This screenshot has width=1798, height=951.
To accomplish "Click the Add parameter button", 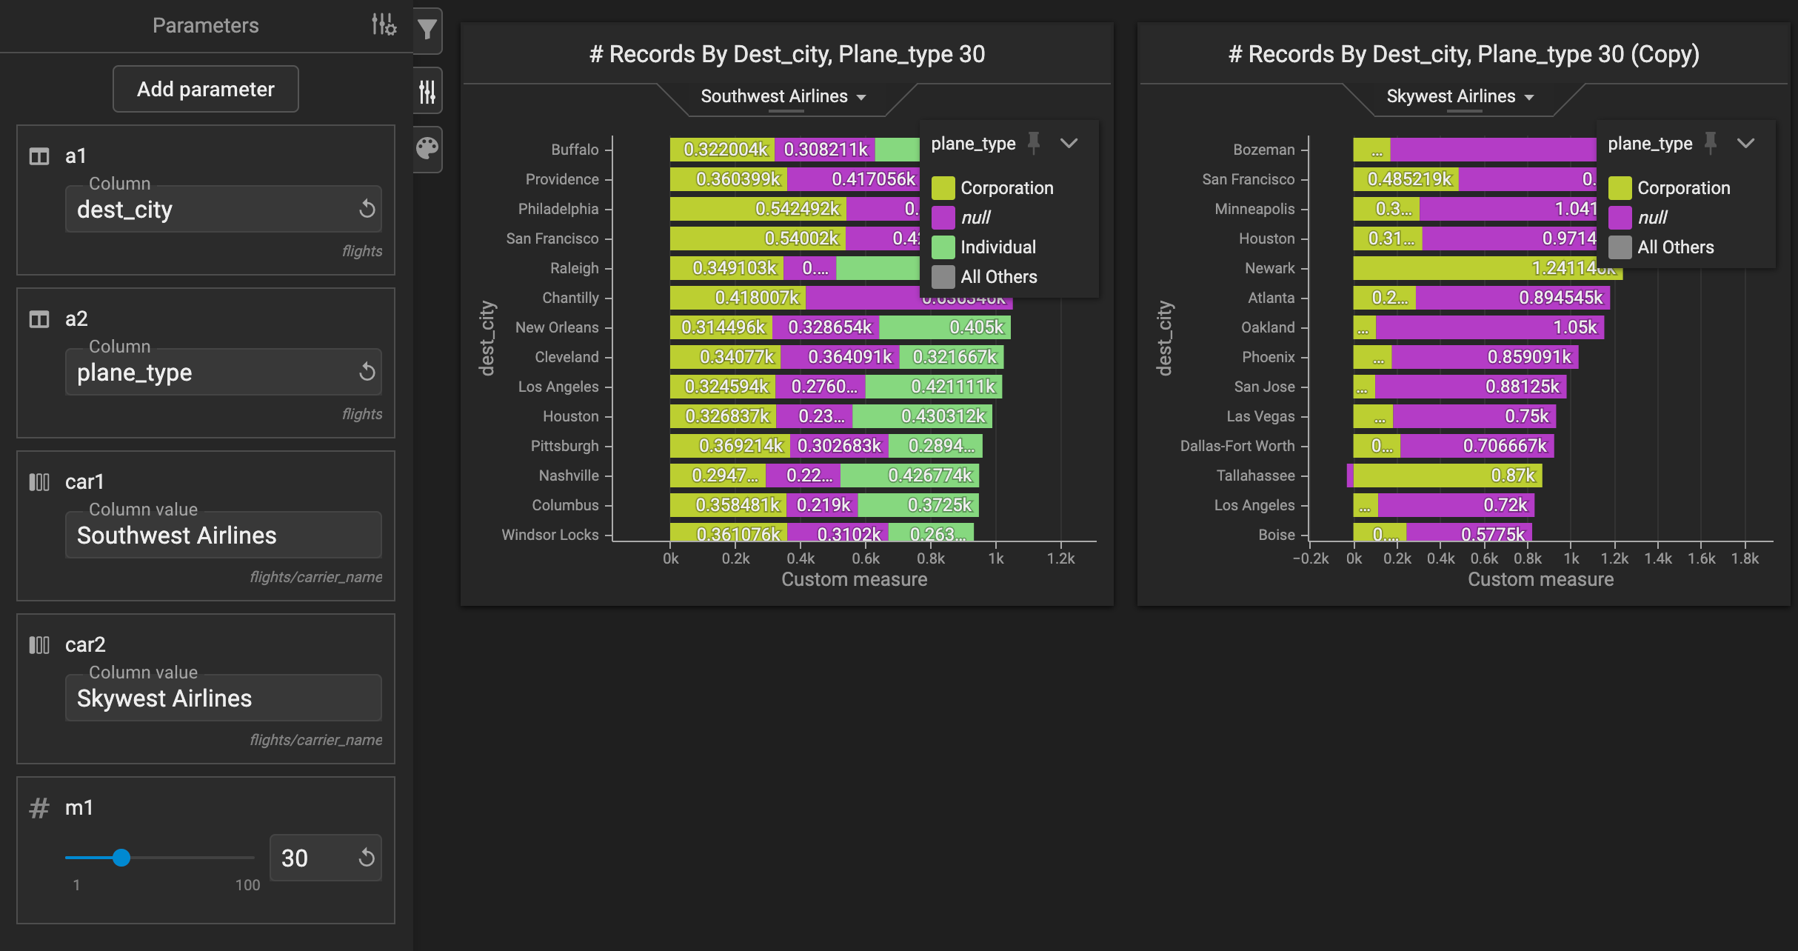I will (x=206, y=89).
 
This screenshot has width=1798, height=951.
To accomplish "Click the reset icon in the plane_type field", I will (x=367, y=372).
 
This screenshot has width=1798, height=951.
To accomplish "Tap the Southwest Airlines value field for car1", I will (x=222, y=535).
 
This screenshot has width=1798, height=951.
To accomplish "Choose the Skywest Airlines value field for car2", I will (x=222, y=698).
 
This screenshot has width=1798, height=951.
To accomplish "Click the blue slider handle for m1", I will (x=121, y=858).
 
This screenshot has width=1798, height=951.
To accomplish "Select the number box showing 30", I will (x=311, y=858).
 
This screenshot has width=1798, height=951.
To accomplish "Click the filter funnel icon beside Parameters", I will (x=427, y=30).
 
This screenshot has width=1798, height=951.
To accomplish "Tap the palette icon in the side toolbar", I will (x=427, y=148).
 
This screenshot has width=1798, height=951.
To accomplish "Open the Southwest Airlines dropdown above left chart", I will (x=783, y=96).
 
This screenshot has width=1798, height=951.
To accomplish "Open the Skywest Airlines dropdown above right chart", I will (x=1460, y=96).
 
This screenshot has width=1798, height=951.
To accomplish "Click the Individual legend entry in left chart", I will (x=997, y=247).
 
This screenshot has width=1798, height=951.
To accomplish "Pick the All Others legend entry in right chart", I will (x=1675, y=247).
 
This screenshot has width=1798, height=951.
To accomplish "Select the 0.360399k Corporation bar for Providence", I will (x=729, y=179).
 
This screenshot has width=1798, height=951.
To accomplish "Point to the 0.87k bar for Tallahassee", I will (x=1447, y=475).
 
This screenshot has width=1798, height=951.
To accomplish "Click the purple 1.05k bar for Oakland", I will (x=1489, y=327).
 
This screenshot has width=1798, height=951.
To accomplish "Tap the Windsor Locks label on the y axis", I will (x=549, y=535).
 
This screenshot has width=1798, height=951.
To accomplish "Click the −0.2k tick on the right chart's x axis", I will (x=1310, y=558).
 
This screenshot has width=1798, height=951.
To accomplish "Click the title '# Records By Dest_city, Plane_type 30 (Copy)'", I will (x=1463, y=54).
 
